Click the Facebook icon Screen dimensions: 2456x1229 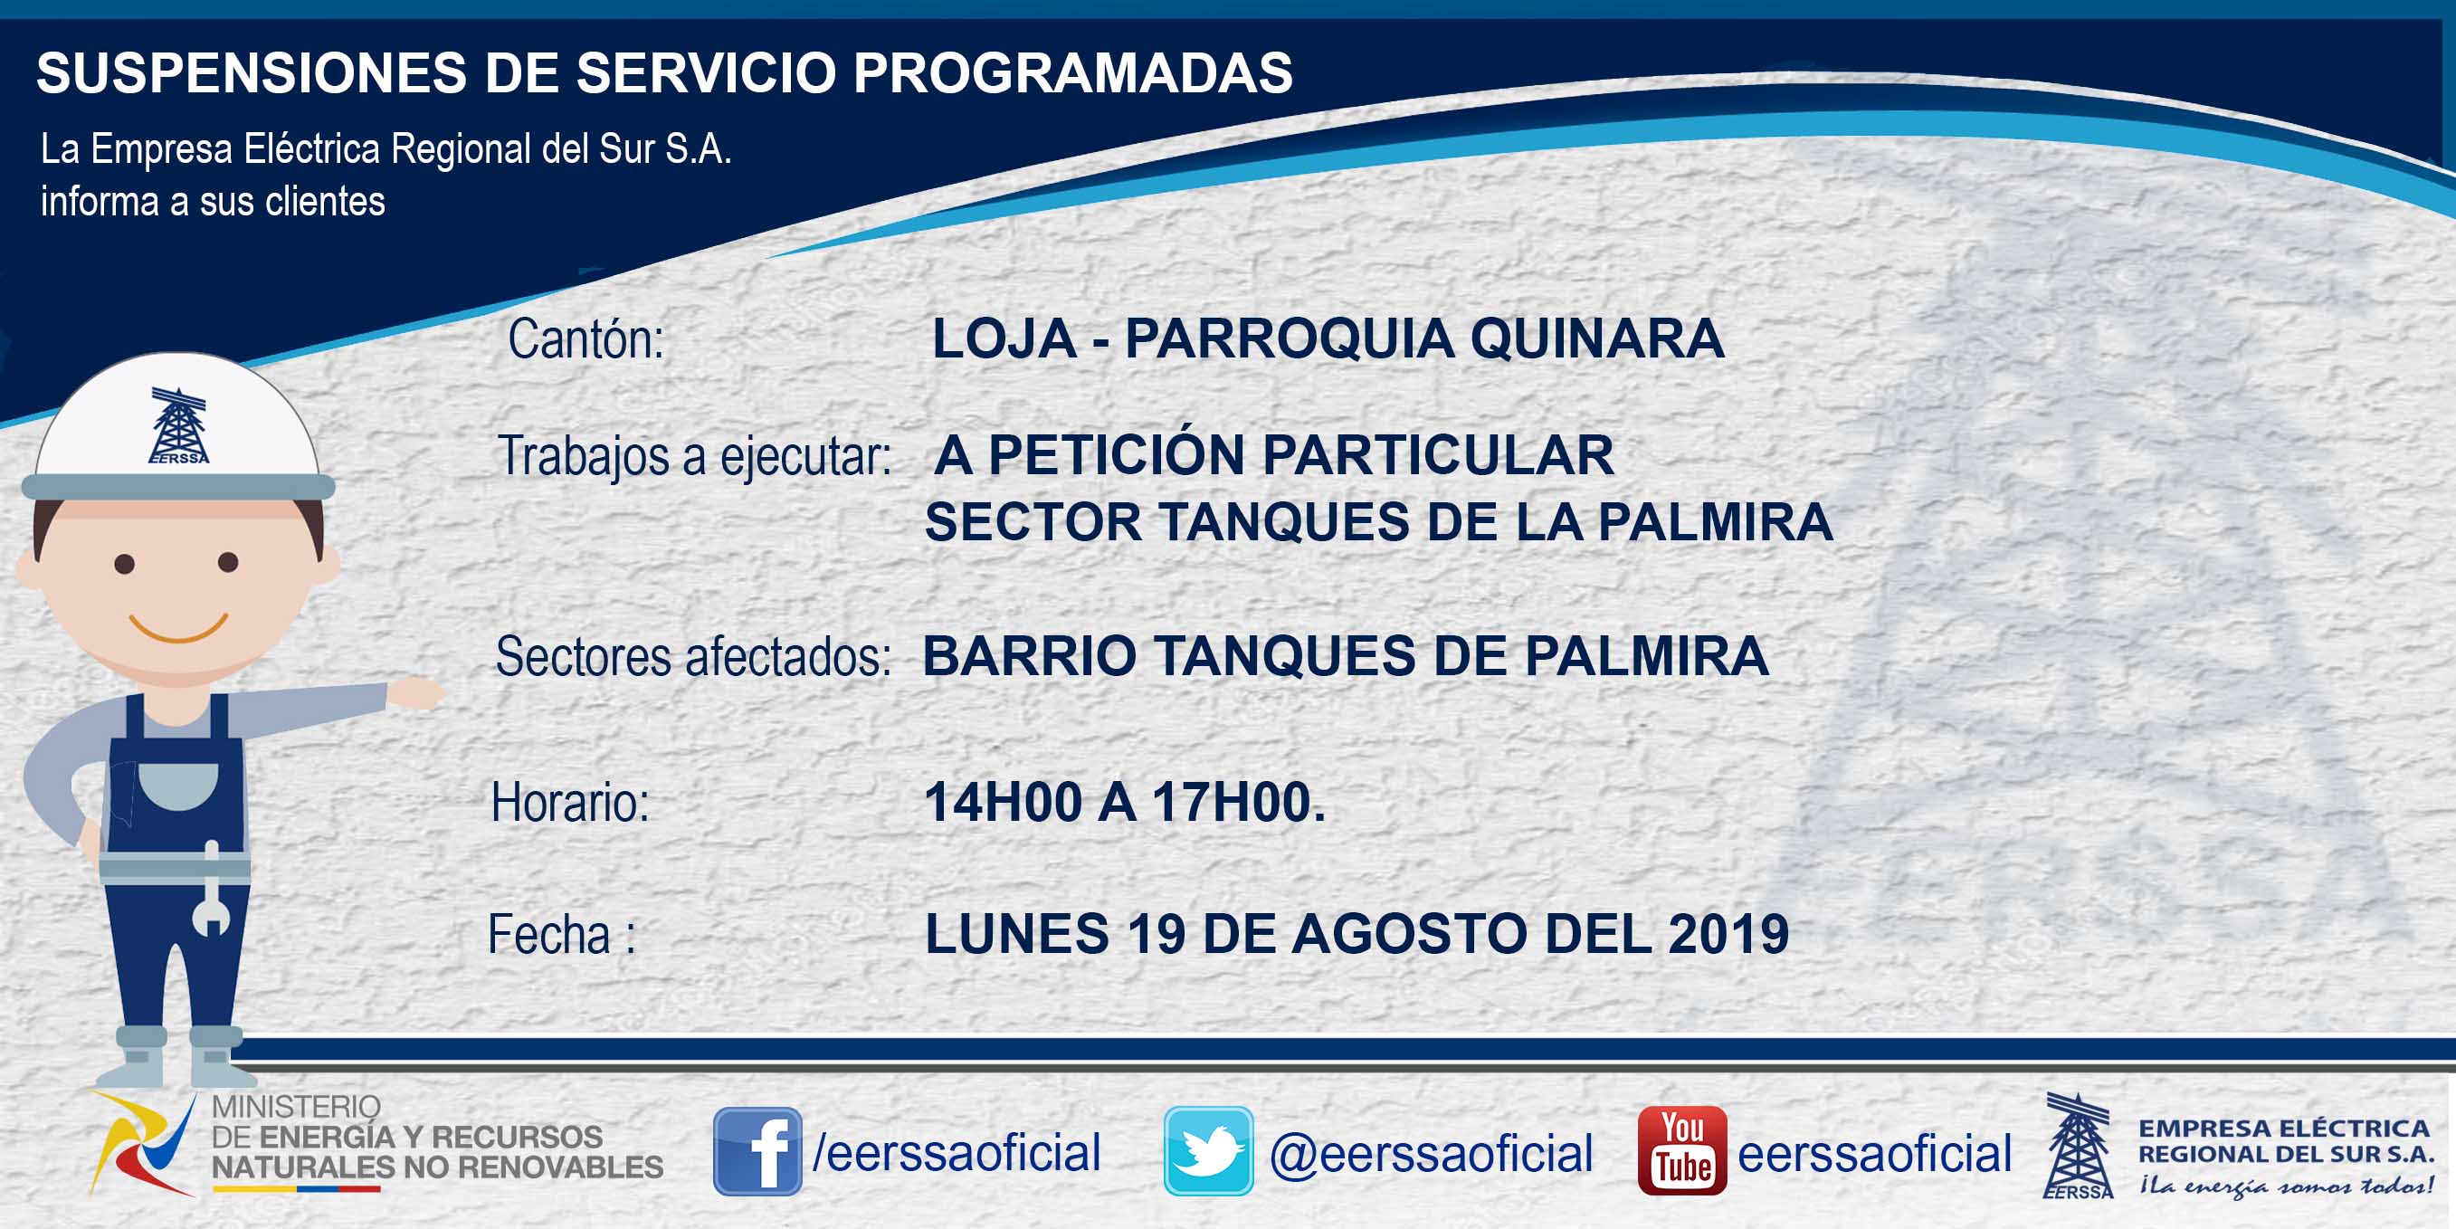(758, 1151)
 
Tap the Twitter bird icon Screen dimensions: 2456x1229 (1208, 1151)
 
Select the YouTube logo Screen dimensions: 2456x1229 (1681, 1151)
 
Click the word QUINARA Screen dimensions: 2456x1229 (1597, 339)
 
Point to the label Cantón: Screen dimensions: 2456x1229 (585, 339)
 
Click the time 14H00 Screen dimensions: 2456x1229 (1003, 802)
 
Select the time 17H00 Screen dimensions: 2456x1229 (1239, 802)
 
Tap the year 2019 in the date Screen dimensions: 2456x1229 (1728, 933)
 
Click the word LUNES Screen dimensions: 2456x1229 (1016, 933)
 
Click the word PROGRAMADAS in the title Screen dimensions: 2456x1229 (1072, 72)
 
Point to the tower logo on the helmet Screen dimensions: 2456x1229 (178, 425)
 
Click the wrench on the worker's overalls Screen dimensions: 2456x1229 (211, 889)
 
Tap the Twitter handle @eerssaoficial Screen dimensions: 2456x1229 (1431, 1154)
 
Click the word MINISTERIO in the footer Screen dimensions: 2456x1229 (296, 1107)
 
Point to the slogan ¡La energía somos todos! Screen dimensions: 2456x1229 (2286, 1187)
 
